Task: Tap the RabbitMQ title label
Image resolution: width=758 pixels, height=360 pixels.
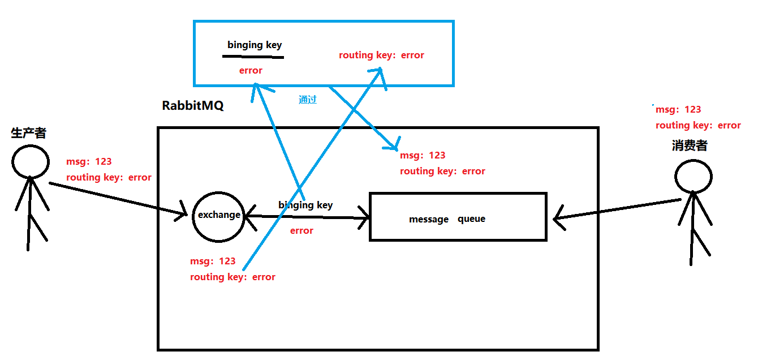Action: click(192, 105)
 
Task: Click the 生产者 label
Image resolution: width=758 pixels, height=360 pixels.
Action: click(28, 133)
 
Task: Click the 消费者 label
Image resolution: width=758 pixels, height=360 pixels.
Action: click(690, 145)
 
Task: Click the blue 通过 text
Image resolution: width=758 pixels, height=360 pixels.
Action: click(308, 100)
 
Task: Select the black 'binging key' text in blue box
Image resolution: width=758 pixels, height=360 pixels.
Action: click(255, 45)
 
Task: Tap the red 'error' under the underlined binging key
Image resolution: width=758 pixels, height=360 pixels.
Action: click(251, 70)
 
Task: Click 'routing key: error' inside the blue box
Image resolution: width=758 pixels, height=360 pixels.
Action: click(381, 55)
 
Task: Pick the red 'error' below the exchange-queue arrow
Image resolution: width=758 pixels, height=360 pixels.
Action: click(302, 230)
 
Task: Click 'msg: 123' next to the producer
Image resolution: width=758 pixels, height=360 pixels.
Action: click(89, 161)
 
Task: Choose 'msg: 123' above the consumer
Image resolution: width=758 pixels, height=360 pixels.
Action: click(678, 109)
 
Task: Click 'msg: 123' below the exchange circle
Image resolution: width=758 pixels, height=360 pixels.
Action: click(213, 261)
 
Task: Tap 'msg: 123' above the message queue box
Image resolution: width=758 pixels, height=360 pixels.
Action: click(423, 155)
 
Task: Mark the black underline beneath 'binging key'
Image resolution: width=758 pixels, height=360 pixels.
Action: click(253, 57)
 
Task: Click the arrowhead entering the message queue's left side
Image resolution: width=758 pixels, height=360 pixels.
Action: click(365, 218)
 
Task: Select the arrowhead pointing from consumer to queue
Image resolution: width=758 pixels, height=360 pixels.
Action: click(558, 218)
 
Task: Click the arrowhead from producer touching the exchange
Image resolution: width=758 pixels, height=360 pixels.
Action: click(183, 212)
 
